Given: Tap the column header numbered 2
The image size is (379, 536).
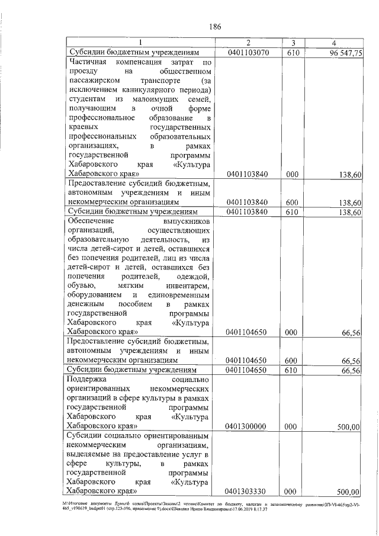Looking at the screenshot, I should pyautogui.click(x=248, y=43).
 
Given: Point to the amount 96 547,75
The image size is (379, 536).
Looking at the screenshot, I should pyautogui.click(x=342, y=53).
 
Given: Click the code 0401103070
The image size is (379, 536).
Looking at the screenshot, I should pyautogui.click(x=248, y=53).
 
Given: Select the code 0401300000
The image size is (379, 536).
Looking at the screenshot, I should pyautogui.click(x=248, y=426).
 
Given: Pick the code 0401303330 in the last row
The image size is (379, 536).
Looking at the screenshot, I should pyautogui.click(x=248, y=491).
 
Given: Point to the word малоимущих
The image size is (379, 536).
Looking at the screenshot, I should pyautogui.click(x=156, y=100).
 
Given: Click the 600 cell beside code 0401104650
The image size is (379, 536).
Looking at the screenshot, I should pyautogui.click(x=291, y=360).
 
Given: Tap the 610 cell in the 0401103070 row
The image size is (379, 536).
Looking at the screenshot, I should pyautogui.click(x=291, y=53).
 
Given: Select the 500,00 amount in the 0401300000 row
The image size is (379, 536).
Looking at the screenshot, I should pyautogui.click(x=348, y=426).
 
